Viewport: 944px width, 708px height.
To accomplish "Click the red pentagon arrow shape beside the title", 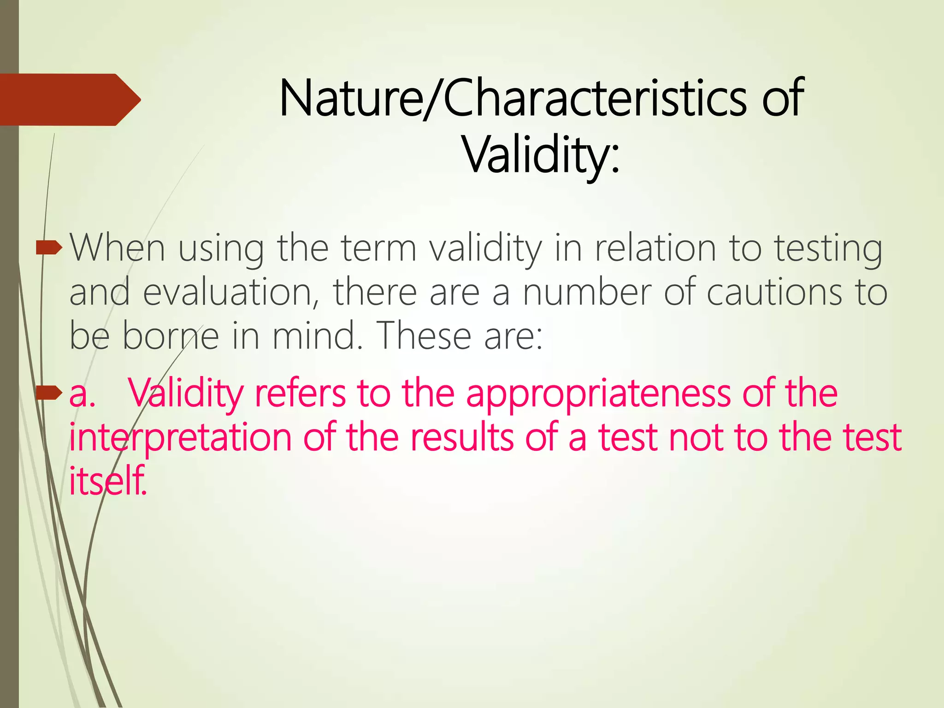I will click(x=69, y=100).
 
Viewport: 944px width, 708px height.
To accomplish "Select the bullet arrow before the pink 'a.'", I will click(x=49, y=393).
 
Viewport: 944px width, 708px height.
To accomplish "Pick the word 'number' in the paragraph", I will click(x=587, y=292).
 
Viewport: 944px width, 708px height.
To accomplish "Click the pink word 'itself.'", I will click(x=108, y=480).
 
